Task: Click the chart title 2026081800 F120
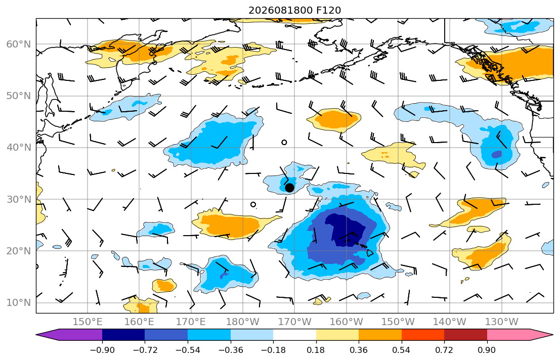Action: (294, 10)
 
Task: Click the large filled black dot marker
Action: (289, 188)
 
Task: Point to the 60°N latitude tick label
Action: (19, 44)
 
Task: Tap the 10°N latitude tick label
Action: (19, 303)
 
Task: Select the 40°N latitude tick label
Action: (19, 148)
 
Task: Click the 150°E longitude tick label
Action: (88, 322)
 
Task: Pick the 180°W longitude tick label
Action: (243, 322)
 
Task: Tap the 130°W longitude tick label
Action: (502, 322)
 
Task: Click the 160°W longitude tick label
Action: (346, 322)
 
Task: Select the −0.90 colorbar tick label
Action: (102, 350)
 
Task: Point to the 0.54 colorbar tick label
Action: (402, 350)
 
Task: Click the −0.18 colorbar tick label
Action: (274, 350)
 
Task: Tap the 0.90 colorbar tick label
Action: (487, 350)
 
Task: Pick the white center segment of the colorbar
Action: (295, 335)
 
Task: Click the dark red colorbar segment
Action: (465, 335)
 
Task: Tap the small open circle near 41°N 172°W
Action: (284, 142)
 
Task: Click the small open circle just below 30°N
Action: (253, 205)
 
